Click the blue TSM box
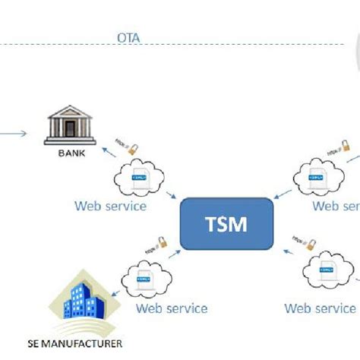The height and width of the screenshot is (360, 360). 226,224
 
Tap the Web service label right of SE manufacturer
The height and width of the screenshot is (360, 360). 171,308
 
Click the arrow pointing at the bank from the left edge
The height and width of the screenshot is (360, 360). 14,135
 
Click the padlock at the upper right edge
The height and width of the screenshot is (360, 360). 343,144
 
